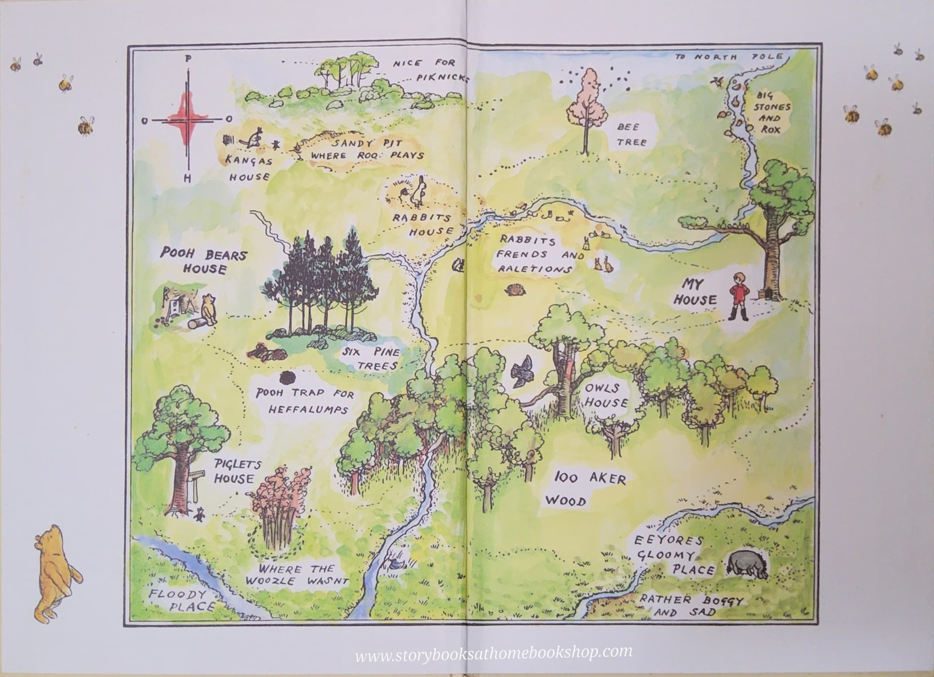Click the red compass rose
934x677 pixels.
[188, 119]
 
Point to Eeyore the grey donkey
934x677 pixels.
[748, 566]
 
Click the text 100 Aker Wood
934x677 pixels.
[588, 488]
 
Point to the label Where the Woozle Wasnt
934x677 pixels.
[297, 575]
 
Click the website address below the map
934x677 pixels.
[493, 653]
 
